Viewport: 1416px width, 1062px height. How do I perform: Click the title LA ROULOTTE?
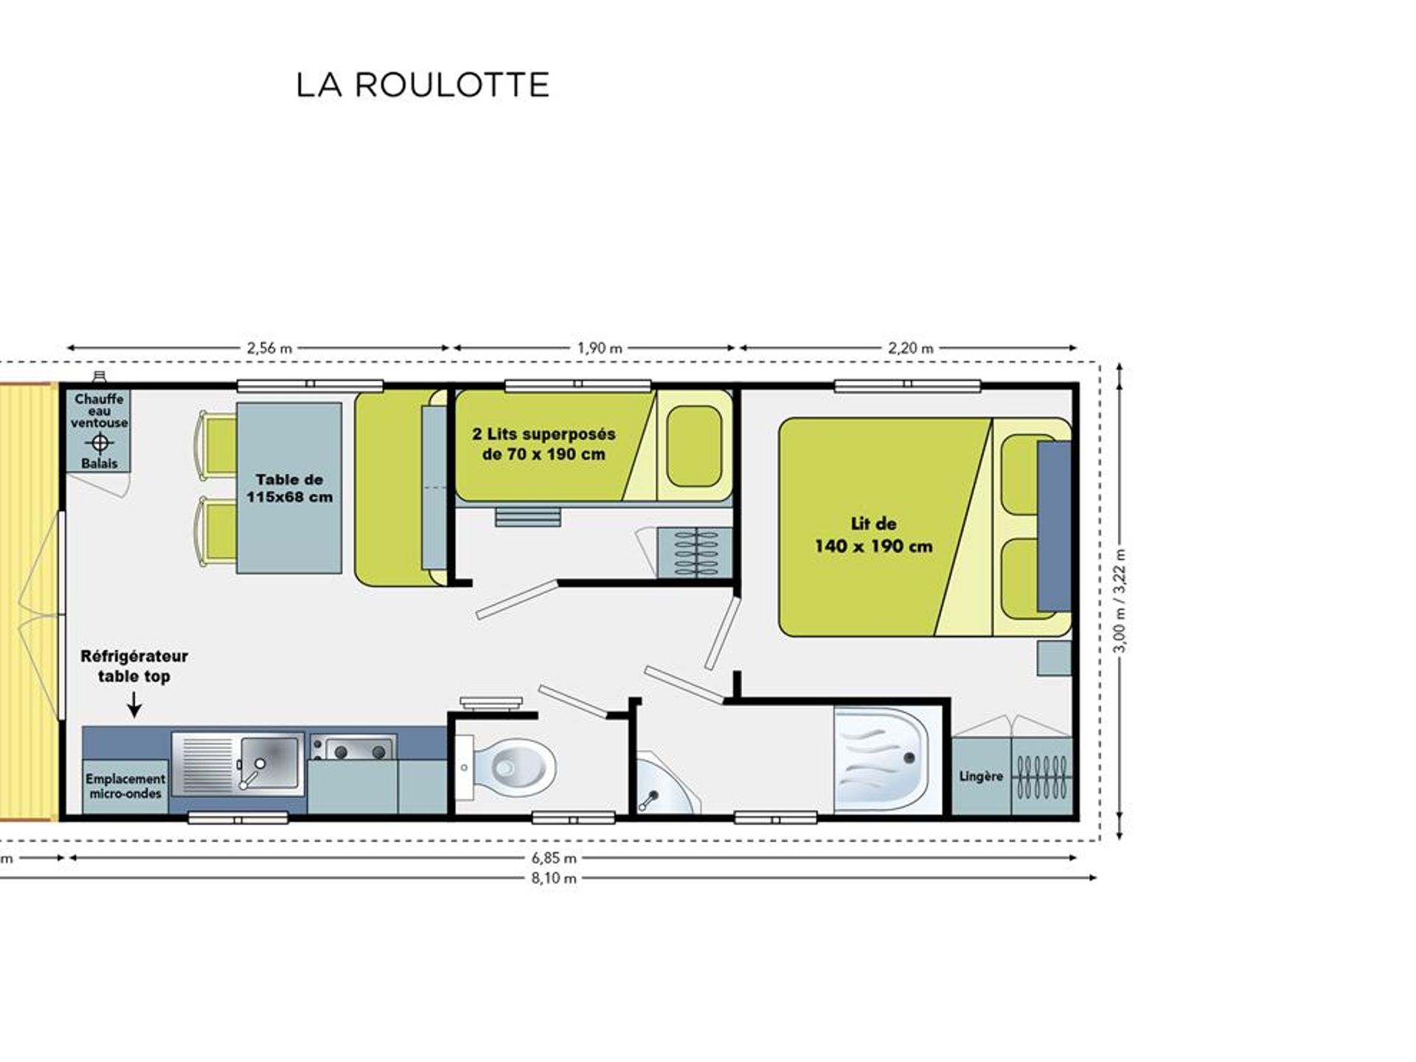pos(423,85)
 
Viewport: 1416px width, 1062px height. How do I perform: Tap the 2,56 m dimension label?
pos(270,348)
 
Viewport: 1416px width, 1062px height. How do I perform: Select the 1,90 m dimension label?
pos(600,348)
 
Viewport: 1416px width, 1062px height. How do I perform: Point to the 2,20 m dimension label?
pos(911,348)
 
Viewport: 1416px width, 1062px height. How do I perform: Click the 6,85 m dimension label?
pos(554,858)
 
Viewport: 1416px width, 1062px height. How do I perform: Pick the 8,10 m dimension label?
pos(554,878)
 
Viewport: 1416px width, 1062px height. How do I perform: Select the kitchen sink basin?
pos(269,763)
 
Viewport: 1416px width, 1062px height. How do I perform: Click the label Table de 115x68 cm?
pos(289,488)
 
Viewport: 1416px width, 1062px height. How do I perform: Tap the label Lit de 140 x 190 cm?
pos(873,535)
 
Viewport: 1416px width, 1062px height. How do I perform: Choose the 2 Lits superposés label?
pos(544,444)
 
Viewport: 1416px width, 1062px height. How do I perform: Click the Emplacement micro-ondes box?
pos(125,786)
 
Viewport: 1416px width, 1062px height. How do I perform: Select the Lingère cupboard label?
pos(981,776)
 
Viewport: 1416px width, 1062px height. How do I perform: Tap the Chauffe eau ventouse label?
pos(100,411)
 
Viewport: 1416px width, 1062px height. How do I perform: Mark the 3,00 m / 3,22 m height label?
pos(1120,601)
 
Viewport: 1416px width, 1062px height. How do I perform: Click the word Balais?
pos(100,463)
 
